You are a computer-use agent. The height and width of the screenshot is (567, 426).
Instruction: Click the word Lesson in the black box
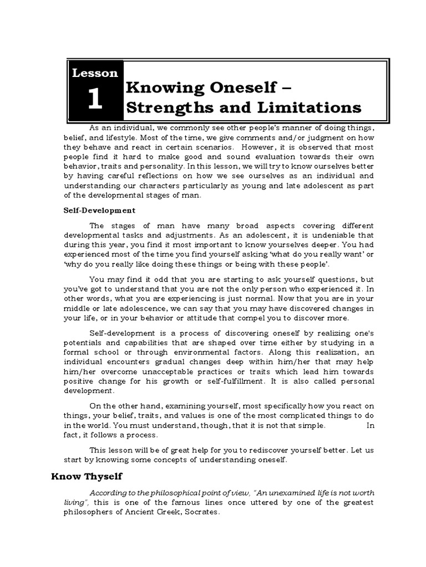click(x=94, y=73)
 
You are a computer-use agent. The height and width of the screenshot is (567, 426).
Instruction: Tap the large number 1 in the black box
click(x=94, y=100)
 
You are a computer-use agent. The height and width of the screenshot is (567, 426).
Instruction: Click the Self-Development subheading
click(x=98, y=210)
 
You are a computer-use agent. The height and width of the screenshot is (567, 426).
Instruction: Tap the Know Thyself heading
click(x=87, y=476)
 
